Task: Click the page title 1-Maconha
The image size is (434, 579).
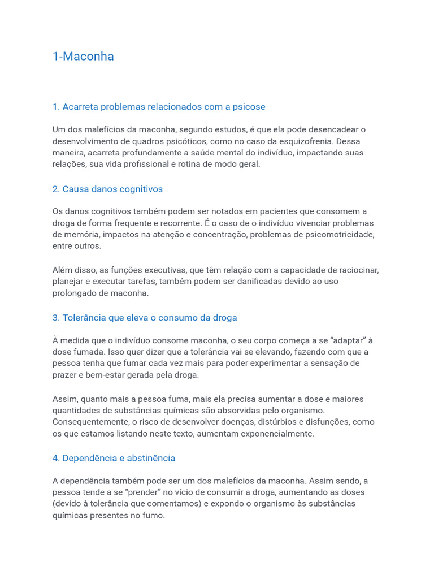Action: tap(83, 56)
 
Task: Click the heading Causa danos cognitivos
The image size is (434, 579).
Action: tap(107, 189)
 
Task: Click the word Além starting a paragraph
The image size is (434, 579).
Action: tap(63, 270)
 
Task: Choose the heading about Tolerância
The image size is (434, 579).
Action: tap(145, 318)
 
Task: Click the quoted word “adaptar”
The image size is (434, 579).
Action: tap(344, 340)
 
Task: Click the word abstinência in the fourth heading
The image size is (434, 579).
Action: tap(151, 458)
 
